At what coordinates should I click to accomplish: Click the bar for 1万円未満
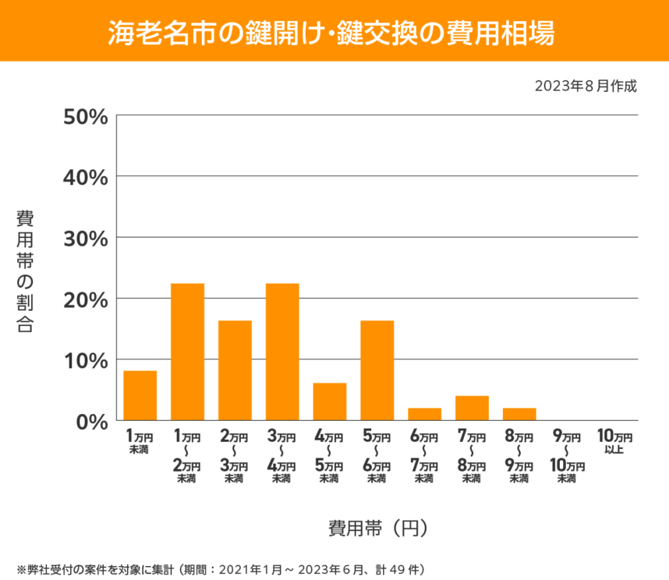140,395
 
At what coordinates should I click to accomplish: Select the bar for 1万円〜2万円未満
187,352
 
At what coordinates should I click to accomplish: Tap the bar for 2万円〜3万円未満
235,370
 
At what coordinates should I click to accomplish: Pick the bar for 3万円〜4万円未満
282,352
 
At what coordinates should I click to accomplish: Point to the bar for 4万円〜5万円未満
330,401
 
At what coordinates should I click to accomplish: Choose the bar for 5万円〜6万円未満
377,370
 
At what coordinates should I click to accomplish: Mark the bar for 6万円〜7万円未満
425,414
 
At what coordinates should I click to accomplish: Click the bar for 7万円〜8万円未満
472,408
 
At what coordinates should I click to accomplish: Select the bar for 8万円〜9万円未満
519,414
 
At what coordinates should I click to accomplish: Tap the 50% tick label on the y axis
85,116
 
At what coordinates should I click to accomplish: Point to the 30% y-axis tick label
85,238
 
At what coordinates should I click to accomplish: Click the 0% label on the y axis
92,421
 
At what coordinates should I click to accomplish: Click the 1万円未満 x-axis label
140,443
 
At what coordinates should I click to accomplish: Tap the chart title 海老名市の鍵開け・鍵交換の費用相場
334,31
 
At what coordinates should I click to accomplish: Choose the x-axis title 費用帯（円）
377,528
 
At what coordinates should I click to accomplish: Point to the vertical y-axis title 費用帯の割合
26,271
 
